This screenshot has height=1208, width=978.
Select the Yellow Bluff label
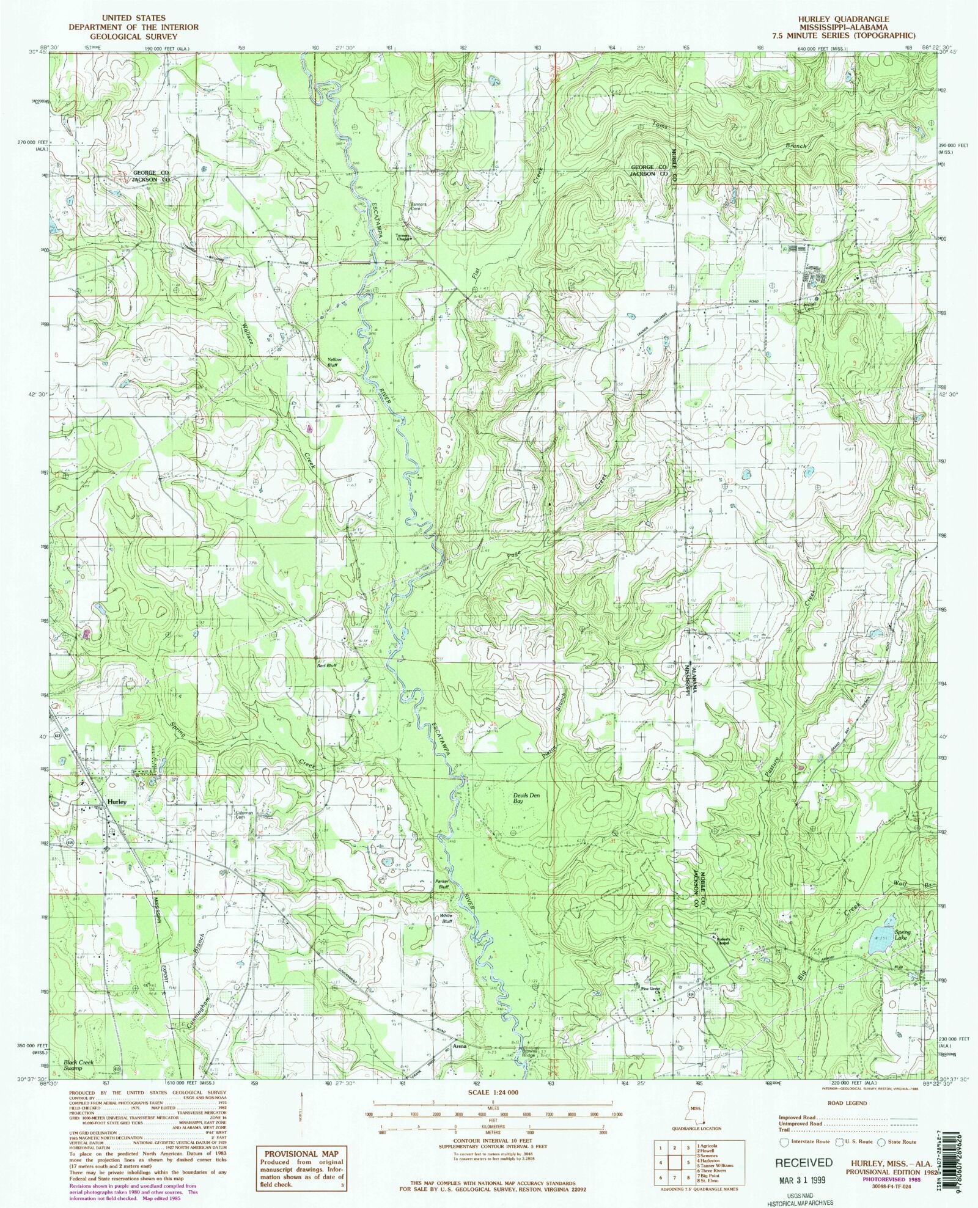click(x=334, y=362)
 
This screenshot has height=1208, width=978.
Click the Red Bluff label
click(x=326, y=665)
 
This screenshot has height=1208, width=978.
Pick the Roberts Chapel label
click(x=719, y=942)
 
